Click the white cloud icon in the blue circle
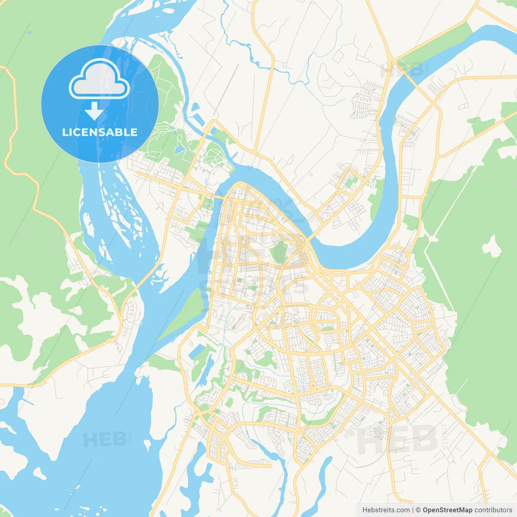[99, 79]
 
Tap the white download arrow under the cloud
[94, 111]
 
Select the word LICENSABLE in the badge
[100, 132]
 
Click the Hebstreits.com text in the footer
[386, 510]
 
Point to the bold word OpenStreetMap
[447, 510]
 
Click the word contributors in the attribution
[493, 510]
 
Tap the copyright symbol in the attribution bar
[418, 510]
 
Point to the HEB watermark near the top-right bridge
[402, 70]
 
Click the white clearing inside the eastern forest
[492, 246]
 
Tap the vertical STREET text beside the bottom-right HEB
[445, 436]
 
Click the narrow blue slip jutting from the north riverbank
[195, 107]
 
